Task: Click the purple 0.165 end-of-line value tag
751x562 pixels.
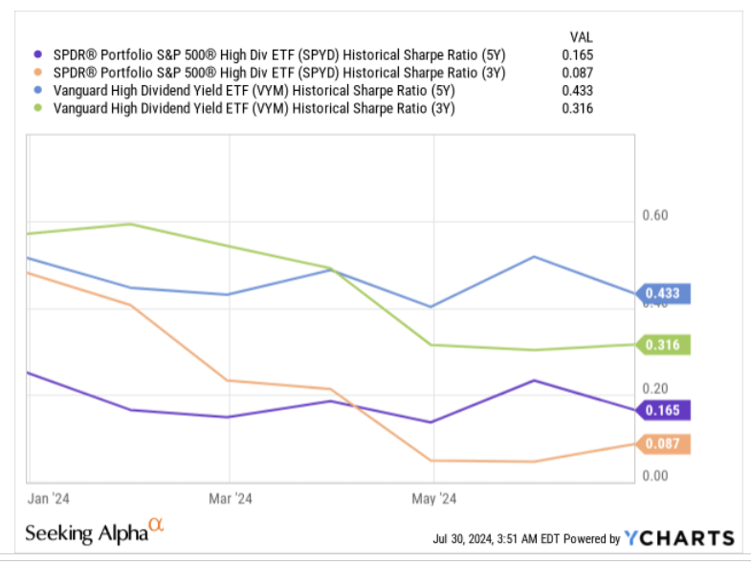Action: (662, 410)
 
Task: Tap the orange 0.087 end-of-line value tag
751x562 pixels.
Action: (662, 443)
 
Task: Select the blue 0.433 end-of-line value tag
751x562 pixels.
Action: (662, 293)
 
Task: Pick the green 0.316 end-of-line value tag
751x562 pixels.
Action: (662, 344)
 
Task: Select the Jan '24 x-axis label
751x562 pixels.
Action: (45, 499)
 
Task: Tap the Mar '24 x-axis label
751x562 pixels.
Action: (231, 499)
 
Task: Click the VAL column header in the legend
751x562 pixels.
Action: (580, 36)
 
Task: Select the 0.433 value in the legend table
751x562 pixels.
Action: (578, 91)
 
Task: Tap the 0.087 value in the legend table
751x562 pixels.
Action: (578, 73)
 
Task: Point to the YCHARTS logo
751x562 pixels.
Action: (679, 538)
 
